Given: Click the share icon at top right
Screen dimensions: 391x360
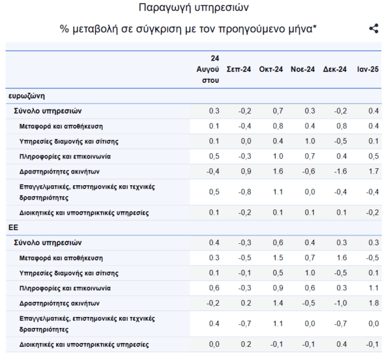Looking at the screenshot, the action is (x=374, y=29).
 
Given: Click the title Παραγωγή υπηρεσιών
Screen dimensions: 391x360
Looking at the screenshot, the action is (x=194, y=8).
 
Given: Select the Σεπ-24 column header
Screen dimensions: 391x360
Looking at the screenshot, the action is (x=239, y=69).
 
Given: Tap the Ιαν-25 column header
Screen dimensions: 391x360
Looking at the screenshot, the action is (x=368, y=69).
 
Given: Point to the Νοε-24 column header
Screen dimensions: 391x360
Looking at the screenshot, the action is (x=303, y=69).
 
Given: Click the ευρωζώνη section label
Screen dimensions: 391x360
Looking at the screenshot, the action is (x=27, y=96).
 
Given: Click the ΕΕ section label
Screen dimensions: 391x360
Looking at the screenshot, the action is (x=13, y=228).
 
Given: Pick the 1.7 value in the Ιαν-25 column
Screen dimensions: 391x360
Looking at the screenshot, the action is (x=373, y=172).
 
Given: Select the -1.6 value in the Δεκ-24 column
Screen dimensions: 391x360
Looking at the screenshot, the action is (x=340, y=172).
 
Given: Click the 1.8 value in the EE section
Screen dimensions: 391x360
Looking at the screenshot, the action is (x=373, y=303).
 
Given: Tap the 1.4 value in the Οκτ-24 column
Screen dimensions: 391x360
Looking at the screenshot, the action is (x=278, y=303).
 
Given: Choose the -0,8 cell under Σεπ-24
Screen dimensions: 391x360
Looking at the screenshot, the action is (x=244, y=192).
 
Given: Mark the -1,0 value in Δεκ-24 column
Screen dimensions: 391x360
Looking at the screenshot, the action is (x=340, y=303).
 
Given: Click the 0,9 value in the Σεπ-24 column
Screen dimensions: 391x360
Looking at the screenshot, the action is (x=246, y=172).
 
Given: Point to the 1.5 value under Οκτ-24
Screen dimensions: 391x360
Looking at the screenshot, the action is (x=278, y=258).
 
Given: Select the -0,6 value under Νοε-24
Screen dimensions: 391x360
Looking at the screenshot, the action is (x=308, y=172).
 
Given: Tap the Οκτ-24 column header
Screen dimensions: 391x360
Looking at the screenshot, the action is (x=271, y=69).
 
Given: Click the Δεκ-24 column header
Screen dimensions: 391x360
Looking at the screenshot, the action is (x=335, y=69).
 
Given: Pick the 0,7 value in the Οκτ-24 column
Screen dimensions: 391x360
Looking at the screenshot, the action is (x=278, y=111).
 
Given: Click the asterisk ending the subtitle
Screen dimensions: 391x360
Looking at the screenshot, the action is (x=315, y=26).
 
